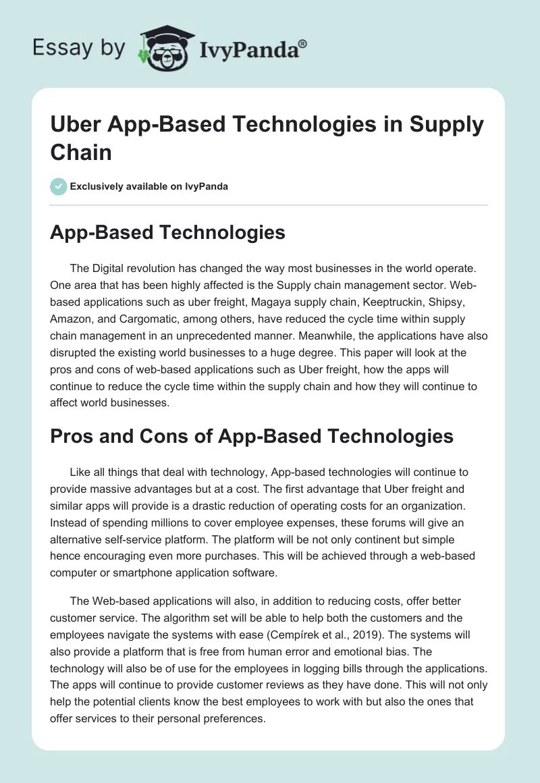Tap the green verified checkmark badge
click(59, 186)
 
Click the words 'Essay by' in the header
click(79, 47)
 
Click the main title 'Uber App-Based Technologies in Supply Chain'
click(267, 138)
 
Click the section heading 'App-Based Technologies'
click(167, 233)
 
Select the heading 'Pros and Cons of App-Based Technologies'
click(251, 436)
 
